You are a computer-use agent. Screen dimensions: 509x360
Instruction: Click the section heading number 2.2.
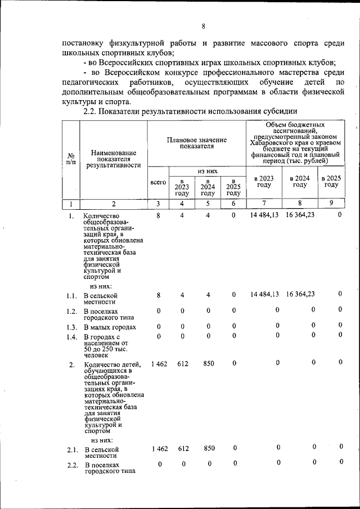coord(91,111)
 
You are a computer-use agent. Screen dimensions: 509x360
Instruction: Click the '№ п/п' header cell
coord(71,160)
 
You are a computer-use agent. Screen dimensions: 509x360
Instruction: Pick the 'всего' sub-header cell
coord(158,182)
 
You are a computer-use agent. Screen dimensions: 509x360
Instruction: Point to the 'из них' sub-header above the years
coord(207,171)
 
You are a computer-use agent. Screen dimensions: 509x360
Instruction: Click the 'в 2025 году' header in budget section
coord(331,181)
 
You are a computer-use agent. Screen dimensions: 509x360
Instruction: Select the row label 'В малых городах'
coord(110,327)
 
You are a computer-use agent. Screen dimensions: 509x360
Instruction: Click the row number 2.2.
coord(71,465)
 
